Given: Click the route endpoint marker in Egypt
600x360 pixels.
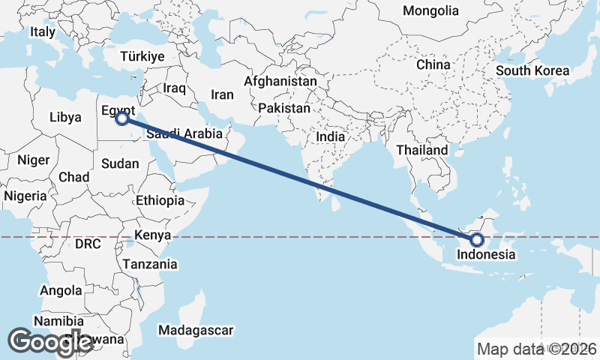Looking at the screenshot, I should click(122, 118).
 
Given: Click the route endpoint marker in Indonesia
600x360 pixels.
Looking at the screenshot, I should click(477, 240).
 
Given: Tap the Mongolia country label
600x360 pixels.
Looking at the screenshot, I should click(430, 10).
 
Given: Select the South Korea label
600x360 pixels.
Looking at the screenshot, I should click(532, 71).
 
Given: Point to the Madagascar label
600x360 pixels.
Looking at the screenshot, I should click(197, 330).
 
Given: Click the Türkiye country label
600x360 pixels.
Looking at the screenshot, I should click(142, 57).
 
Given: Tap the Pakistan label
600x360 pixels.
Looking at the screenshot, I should click(284, 109).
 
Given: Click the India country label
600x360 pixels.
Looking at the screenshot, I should click(331, 137).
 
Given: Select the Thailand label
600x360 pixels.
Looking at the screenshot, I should click(422, 150).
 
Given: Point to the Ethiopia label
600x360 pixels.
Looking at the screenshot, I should click(160, 201).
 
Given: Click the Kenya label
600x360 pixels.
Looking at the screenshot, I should click(153, 235).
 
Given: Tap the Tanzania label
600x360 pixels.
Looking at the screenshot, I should click(151, 264).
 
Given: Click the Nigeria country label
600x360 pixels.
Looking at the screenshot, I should click(25, 196).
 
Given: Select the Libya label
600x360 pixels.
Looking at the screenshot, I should click(64, 118).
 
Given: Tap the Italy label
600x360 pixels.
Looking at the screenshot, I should click(43, 32).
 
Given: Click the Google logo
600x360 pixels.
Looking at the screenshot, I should click(51, 342).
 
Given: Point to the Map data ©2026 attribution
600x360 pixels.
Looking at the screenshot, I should click(537, 349).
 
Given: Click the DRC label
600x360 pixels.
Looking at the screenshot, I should click(88, 244).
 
